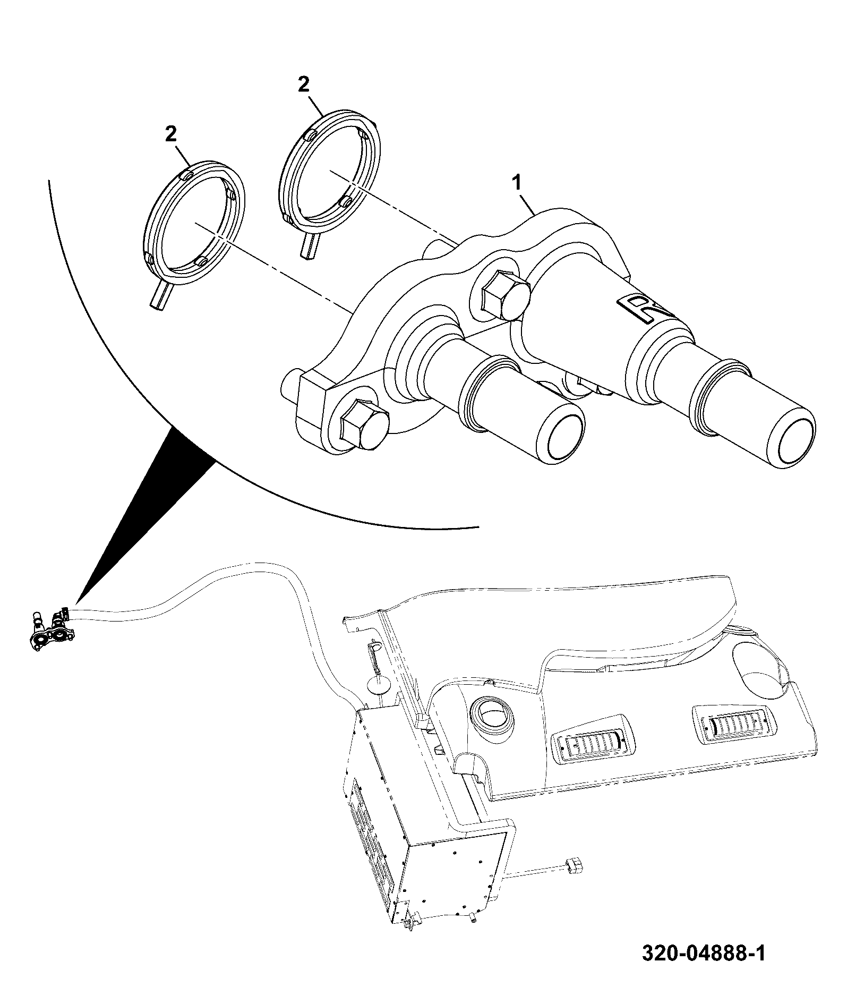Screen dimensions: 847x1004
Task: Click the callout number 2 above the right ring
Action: coord(303,84)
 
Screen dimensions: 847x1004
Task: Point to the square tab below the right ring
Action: coord(311,247)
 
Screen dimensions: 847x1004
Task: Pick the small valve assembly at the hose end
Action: coord(50,629)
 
